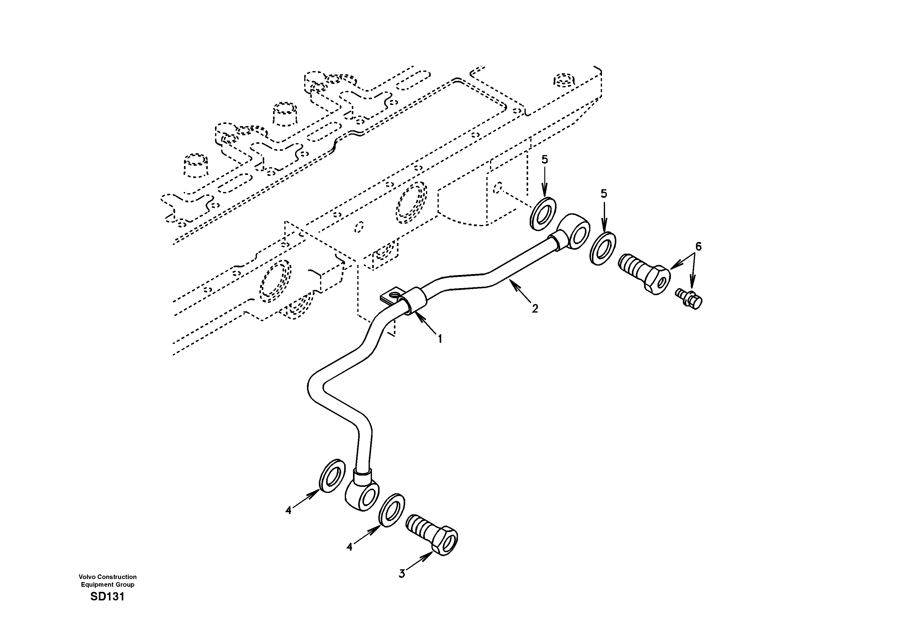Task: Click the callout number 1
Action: tap(439, 339)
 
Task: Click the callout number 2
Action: tap(535, 309)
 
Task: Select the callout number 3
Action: tap(402, 574)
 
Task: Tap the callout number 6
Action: tap(698, 247)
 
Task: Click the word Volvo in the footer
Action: tap(87, 577)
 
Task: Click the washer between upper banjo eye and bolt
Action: tap(602, 248)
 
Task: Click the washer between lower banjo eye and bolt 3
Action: tap(391, 510)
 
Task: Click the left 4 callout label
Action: tap(288, 511)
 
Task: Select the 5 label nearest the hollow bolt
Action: tap(604, 194)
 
